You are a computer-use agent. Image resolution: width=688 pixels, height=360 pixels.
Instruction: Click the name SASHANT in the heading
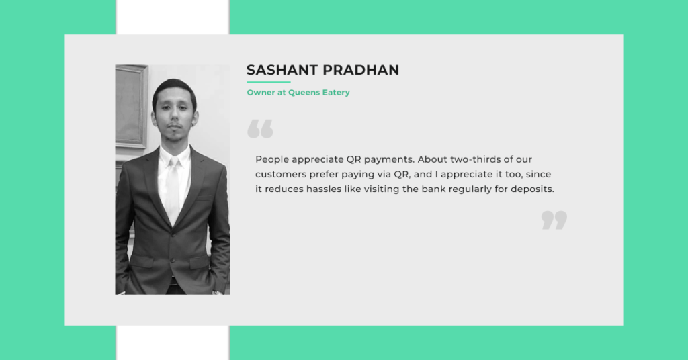pyautogui.click(x=282, y=70)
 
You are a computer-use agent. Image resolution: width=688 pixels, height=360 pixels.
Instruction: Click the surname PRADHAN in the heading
pyautogui.click(x=361, y=70)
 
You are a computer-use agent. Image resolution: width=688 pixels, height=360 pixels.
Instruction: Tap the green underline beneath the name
pyautogui.click(x=269, y=82)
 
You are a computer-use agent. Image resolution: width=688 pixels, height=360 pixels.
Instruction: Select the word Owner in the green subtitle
pyautogui.click(x=261, y=93)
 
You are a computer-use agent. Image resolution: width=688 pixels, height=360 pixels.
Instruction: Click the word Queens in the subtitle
pyautogui.click(x=304, y=93)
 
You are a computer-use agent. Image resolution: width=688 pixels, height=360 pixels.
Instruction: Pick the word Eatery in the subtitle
pyautogui.click(x=336, y=93)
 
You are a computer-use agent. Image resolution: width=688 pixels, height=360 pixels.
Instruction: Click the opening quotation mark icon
pyautogui.click(x=260, y=129)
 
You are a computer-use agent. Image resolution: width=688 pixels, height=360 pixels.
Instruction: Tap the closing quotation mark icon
pyautogui.click(x=554, y=220)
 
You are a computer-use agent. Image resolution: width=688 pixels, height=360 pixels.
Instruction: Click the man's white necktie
pyautogui.click(x=173, y=189)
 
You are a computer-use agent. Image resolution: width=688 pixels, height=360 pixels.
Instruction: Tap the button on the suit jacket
pyautogui.click(x=173, y=260)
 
